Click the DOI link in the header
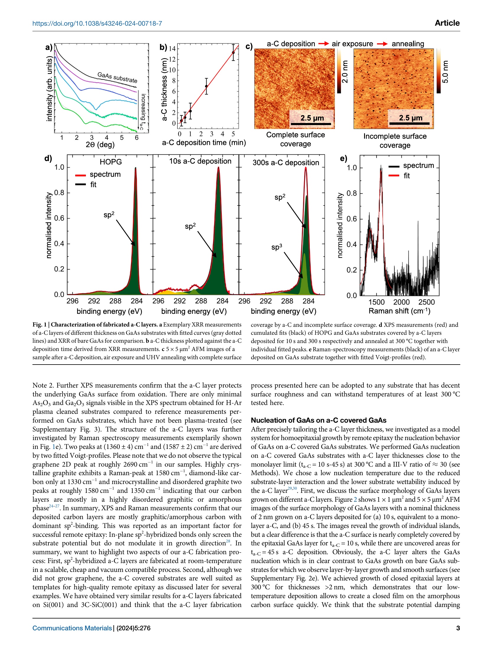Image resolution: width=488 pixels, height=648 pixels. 97,23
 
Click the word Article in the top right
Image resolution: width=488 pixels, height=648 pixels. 447,23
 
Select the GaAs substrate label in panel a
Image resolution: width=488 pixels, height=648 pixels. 117,77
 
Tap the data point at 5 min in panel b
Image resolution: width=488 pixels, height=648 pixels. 233,53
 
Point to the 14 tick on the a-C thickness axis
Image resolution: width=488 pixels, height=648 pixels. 172,48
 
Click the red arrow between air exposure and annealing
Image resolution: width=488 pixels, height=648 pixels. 382,44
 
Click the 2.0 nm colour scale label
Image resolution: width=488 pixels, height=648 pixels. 345,72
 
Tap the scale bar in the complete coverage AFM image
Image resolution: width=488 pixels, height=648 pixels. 311,124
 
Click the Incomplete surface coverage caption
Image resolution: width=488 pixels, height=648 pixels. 395,141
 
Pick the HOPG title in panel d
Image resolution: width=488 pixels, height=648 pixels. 111,162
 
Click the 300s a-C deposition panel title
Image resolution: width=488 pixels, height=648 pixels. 286,163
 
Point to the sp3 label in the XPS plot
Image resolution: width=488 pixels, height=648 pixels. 276,247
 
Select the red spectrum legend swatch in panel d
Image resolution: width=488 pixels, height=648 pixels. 81,175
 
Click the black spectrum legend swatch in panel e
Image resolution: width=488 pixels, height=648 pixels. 394,166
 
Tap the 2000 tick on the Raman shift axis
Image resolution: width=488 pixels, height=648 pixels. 401,302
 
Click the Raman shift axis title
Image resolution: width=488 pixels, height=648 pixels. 399,311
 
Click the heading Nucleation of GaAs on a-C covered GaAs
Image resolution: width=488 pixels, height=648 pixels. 318,420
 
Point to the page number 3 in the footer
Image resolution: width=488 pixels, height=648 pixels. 458,628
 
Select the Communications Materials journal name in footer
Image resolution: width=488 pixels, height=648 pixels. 72,628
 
